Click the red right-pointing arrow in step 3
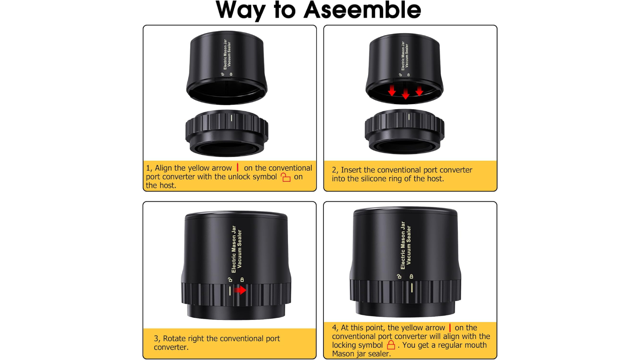click(x=240, y=290)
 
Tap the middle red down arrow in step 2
click(x=405, y=94)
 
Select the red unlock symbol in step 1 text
click(x=285, y=177)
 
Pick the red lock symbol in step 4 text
click(x=391, y=345)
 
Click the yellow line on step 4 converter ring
click(x=412, y=288)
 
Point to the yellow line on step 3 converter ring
click(x=230, y=291)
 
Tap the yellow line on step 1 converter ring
click(x=231, y=118)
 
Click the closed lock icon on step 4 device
click(x=411, y=276)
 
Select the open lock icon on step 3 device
click(x=230, y=279)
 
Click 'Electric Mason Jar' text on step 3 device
click(x=233, y=249)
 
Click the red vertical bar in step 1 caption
click(x=237, y=167)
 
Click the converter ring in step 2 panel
click(x=404, y=132)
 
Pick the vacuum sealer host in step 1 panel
click(x=227, y=67)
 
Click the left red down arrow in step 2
click(x=392, y=90)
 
